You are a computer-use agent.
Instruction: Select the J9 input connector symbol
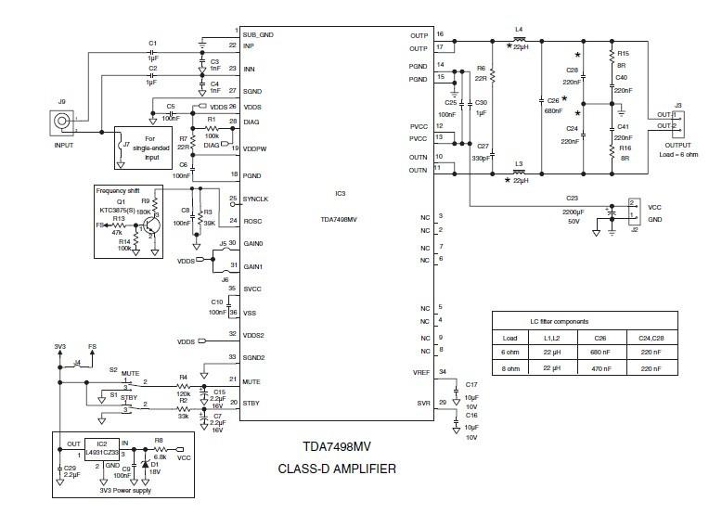pos(62,121)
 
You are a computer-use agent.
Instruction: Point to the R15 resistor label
pos(624,53)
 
